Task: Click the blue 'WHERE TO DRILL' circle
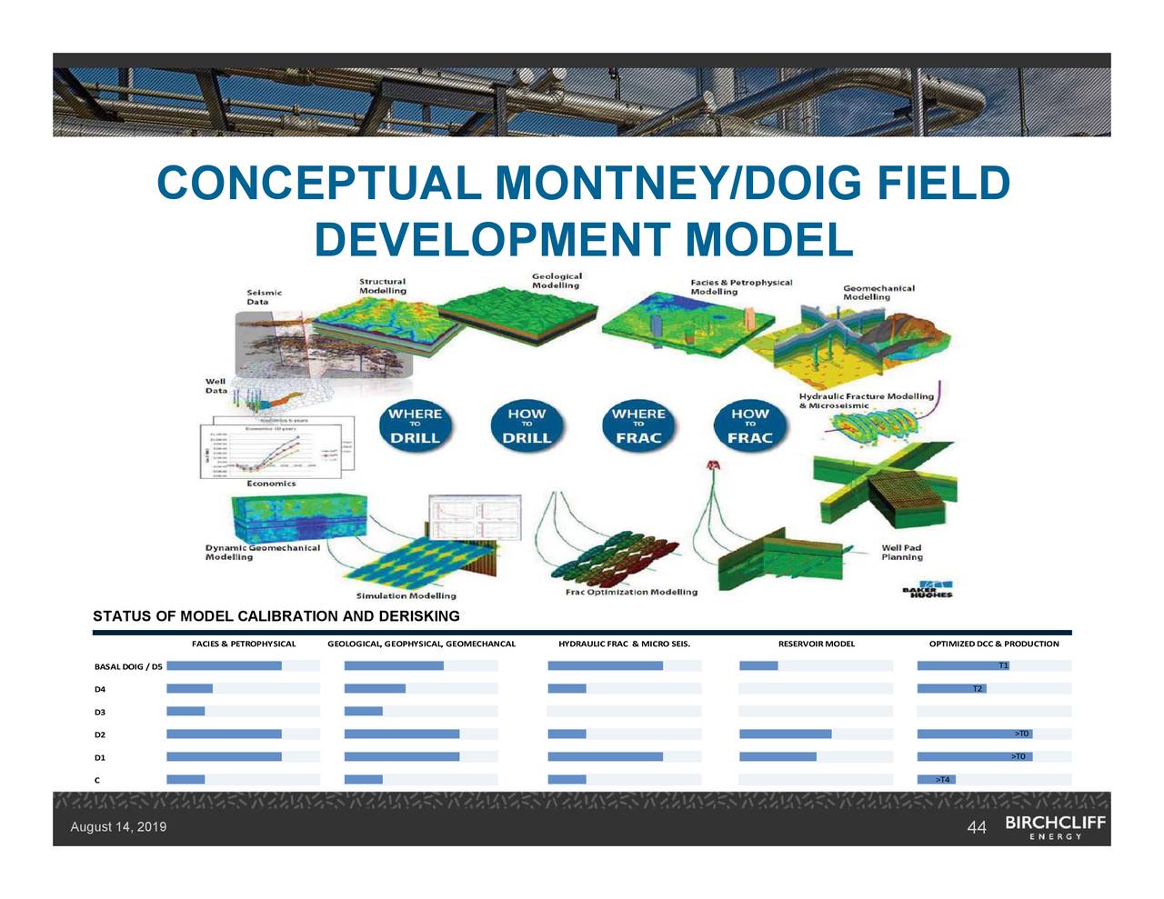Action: (x=415, y=425)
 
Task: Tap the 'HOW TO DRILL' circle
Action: (x=527, y=425)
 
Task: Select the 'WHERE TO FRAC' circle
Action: (x=638, y=425)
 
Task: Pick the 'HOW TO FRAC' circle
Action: (x=749, y=425)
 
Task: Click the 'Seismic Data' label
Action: (x=264, y=297)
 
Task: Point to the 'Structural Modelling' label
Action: (x=382, y=286)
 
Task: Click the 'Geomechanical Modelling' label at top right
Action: (x=878, y=293)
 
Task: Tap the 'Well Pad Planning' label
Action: (x=901, y=553)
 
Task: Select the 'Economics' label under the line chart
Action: (x=271, y=484)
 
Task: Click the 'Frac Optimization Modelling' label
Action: (x=631, y=592)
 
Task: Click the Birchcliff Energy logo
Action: (x=1055, y=826)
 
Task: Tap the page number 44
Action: (x=977, y=827)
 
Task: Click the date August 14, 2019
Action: (x=118, y=827)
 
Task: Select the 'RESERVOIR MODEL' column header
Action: (x=816, y=644)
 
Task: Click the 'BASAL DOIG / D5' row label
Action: (x=128, y=666)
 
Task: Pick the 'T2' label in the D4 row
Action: (x=978, y=689)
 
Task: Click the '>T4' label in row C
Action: (x=943, y=780)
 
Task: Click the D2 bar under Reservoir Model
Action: (x=785, y=734)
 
